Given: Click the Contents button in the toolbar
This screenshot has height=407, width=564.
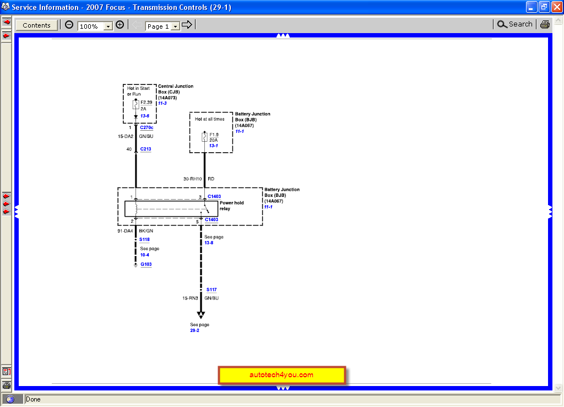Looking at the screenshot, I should pyautogui.click(x=36, y=25).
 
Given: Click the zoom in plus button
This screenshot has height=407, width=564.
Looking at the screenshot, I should pyautogui.click(x=120, y=25).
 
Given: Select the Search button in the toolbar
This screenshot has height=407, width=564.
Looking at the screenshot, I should pyautogui.click(x=514, y=24).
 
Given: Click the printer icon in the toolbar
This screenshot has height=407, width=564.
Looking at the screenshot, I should pyautogui.click(x=545, y=24).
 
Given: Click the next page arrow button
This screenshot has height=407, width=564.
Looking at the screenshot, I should pyautogui.click(x=187, y=25).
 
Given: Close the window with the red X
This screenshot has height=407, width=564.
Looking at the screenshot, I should pyautogui.click(x=556, y=7).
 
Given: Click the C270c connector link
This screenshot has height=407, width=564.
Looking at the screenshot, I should pyautogui.click(x=147, y=128).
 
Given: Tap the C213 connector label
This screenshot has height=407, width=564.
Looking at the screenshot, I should pyautogui.click(x=146, y=149).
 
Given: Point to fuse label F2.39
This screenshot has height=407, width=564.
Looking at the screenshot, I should pyautogui.click(x=147, y=103).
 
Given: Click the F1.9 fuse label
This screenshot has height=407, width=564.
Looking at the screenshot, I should pyautogui.click(x=214, y=135).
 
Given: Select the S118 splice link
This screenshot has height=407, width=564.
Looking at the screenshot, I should pyautogui.click(x=144, y=240).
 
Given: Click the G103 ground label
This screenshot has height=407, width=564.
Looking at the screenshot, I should pyautogui.click(x=146, y=264).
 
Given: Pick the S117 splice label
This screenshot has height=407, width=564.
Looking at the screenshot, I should pyautogui.click(x=212, y=290).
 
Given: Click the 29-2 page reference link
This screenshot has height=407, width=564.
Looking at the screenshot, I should pyautogui.click(x=195, y=330).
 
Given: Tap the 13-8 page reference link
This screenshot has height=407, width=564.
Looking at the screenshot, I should pyautogui.click(x=209, y=243).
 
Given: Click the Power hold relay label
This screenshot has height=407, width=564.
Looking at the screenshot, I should pyautogui.click(x=231, y=206).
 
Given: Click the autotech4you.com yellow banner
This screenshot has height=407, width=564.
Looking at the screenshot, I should pyautogui.click(x=281, y=375).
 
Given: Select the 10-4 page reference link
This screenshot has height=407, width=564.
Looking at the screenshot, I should pyautogui.click(x=144, y=255).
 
